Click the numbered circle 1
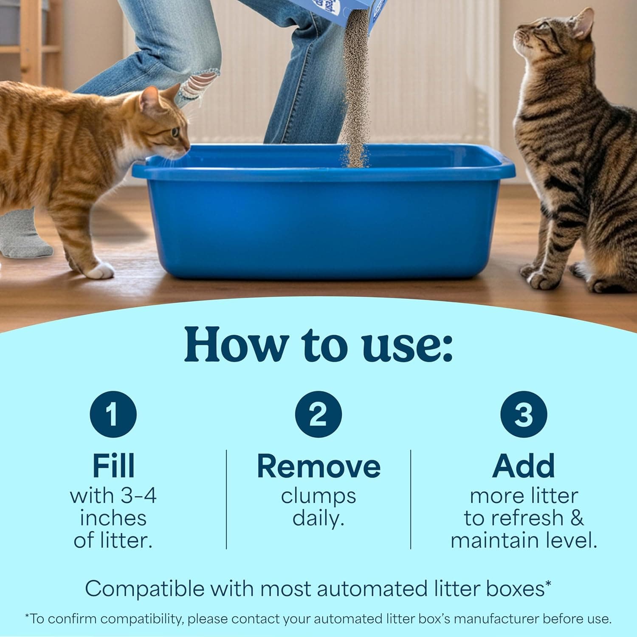point(113,414)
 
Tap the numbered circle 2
point(318,414)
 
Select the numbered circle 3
point(523,414)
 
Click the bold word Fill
point(113,466)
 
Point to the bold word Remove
point(318,466)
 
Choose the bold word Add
point(524,466)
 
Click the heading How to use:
point(318,345)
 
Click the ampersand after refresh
point(576,518)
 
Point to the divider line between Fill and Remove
point(226,499)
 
